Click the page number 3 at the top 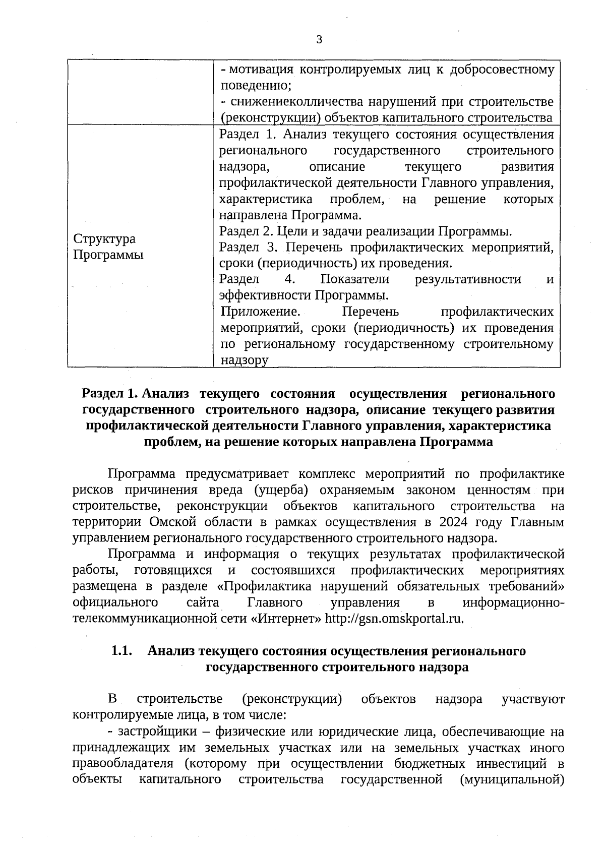(319, 40)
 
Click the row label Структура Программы (108, 247)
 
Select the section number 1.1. (122, 651)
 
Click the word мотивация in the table (257, 70)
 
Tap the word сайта (203, 602)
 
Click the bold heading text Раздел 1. (109, 393)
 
